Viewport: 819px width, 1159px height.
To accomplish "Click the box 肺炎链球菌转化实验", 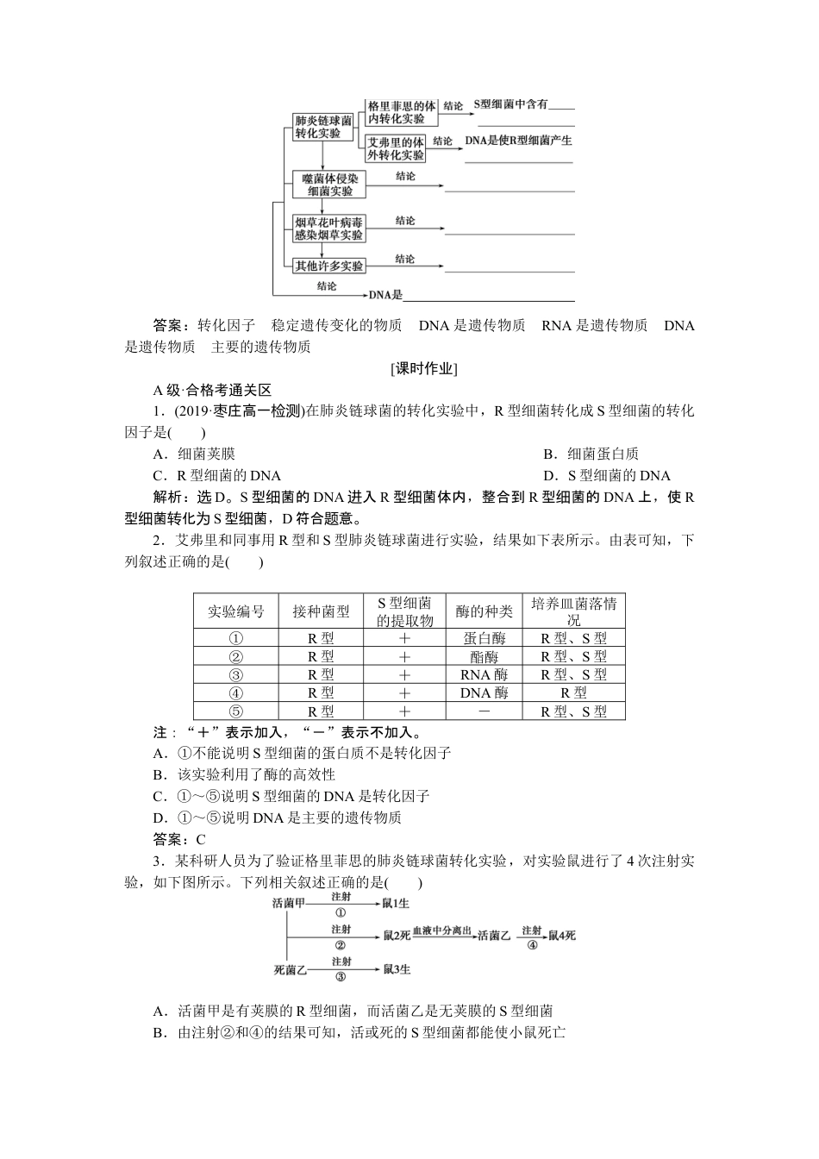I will pos(322,127).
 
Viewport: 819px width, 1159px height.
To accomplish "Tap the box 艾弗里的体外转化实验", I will pos(396,148).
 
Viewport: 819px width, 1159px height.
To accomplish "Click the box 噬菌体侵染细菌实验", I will pos(329,184).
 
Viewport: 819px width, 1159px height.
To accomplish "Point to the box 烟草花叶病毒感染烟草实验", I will pos(328,228).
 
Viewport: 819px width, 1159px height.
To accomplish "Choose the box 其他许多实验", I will pos(328,266).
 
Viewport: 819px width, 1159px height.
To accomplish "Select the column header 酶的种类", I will pos(484,611).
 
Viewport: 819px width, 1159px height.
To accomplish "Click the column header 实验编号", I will pos(236,611).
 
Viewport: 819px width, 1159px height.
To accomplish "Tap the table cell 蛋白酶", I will pos(484,638).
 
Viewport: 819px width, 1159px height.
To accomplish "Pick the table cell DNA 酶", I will pos(484,692).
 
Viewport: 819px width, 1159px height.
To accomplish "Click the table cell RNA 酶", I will pos(484,674).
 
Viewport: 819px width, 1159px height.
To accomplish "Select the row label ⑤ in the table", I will pos(236,711).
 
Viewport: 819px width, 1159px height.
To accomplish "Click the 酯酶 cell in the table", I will pos(484,656).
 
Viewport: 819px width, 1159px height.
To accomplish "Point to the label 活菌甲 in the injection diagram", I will pos(288,903).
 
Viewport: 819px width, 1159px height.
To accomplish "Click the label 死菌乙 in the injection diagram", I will pos(290,969).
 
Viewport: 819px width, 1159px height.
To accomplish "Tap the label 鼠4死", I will pos(562,936).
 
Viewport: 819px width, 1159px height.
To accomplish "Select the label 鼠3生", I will pos(397,969).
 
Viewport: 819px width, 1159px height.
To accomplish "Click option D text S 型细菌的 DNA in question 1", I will pos(607,475).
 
